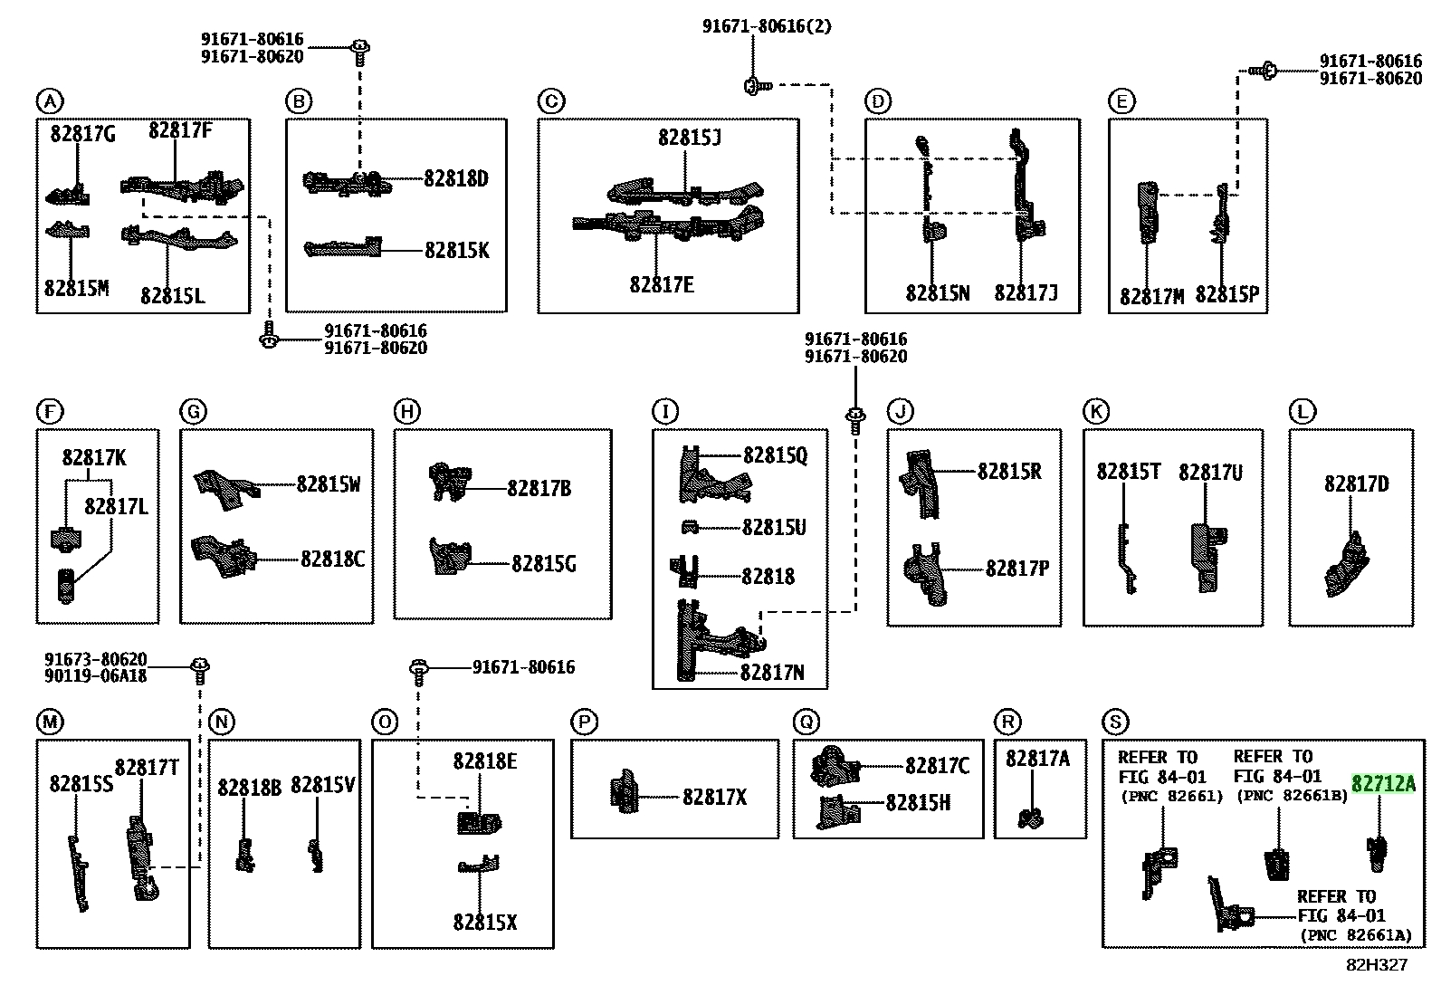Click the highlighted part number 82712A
click(x=1383, y=784)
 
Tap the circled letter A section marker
click(x=50, y=101)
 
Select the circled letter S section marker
click(x=1115, y=722)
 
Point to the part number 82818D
click(x=456, y=178)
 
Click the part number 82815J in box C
click(x=690, y=137)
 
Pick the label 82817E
click(x=662, y=284)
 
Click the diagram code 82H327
click(x=1377, y=965)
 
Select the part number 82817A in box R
click(x=1037, y=759)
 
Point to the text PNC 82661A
click(x=1356, y=935)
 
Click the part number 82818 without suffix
click(x=768, y=576)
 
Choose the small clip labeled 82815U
click(x=690, y=527)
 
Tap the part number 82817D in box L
click(x=1356, y=483)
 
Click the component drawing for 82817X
click(x=624, y=791)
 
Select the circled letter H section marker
click(x=406, y=411)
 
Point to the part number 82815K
click(x=457, y=251)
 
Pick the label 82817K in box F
click(x=94, y=457)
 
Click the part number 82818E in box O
click(x=484, y=761)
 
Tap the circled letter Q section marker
click(x=806, y=722)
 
